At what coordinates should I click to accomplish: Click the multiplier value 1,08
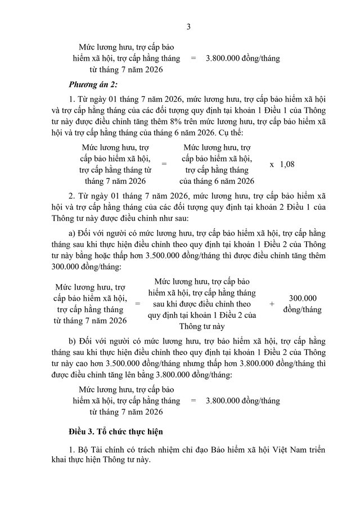tap(287, 164)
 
